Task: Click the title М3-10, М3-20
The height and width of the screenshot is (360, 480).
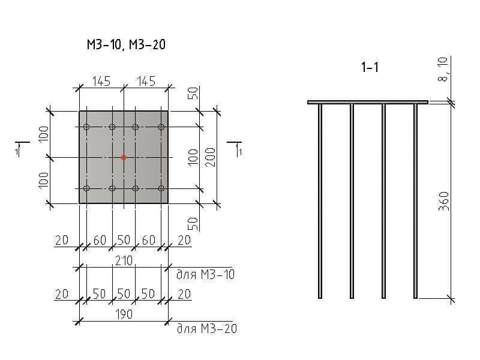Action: (126, 44)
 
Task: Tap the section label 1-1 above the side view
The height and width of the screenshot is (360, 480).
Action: (370, 67)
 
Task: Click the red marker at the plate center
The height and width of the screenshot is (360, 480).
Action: (124, 158)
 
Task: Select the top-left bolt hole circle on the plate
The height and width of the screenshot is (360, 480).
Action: (86, 127)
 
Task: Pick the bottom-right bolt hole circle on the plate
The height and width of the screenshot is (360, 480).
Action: (161, 188)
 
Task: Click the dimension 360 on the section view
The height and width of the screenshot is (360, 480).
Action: (443, 201)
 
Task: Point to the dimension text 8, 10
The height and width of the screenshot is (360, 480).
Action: (443, 69)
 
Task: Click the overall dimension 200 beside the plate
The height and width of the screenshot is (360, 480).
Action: (211, 157)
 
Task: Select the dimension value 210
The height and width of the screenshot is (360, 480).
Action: (124, 261)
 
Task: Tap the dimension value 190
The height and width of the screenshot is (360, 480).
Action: (124, 314)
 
